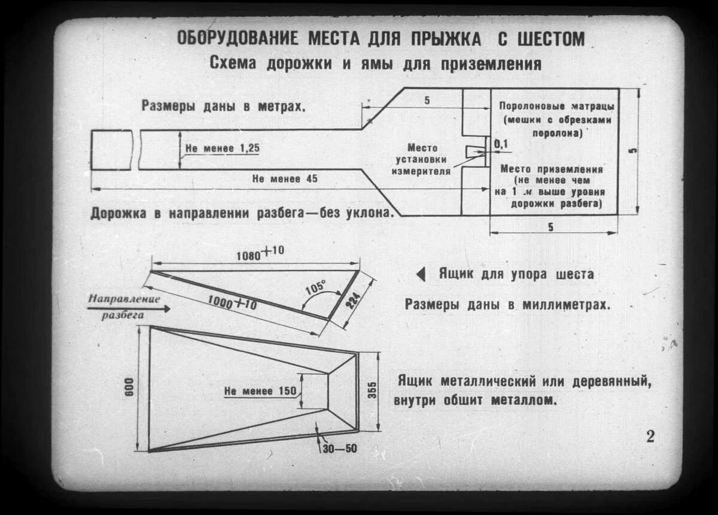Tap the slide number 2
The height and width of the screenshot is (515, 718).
(650, 436)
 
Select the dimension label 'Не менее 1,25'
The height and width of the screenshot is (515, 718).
(223, 147)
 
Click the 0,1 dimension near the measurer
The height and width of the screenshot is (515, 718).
(500, 144)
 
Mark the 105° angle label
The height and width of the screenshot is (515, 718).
(315, 287)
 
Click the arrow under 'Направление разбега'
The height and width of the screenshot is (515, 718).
(129, 308)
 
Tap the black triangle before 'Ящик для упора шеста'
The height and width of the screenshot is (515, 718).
(421, 274)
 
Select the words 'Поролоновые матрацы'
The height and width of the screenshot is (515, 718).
(556, 106)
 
